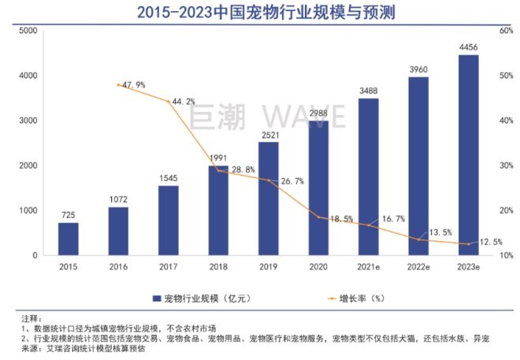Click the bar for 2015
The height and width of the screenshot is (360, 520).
tap(68, 239)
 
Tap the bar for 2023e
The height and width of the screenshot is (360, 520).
tap(468, 155)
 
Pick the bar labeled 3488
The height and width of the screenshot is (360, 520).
tap(368, 177)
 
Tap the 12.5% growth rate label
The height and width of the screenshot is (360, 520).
tap(488, 242)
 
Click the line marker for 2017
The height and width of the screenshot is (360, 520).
tap(168, 101)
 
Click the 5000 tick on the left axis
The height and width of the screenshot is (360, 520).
tap(28, 31)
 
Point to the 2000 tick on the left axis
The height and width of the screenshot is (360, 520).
tap(28, 166)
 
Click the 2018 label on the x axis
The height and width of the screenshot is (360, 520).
tap(218, 267)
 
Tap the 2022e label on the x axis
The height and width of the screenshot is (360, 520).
tap(418, 267)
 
